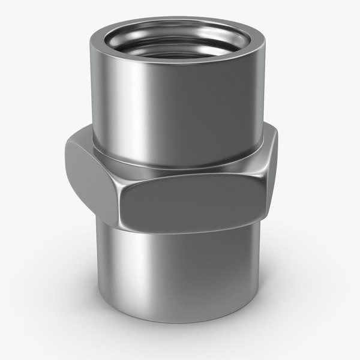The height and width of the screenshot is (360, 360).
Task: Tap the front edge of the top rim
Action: (177, 65)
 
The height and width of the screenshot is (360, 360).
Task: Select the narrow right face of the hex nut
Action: (271, 168)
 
